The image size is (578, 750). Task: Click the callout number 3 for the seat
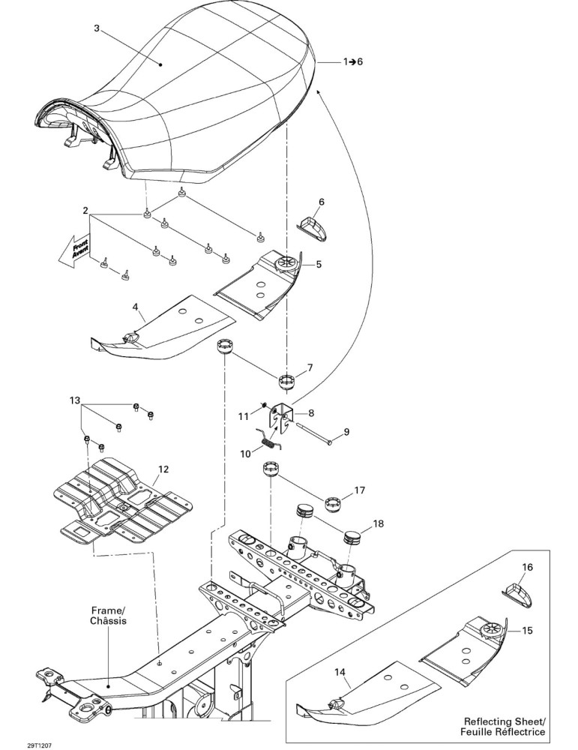click(97, 28)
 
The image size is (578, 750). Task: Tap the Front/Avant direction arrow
click(74, 250)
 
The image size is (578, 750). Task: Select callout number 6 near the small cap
click(322, 202)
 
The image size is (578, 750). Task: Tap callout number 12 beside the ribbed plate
click(163, 469)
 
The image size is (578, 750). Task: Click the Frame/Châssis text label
click(109, 616)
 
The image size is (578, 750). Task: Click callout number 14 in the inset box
click(340, 673)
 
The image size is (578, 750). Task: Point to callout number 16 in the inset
click(527, 567)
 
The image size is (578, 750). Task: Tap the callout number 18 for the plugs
click(378, 523)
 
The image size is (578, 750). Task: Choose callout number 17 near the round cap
click(360, 490)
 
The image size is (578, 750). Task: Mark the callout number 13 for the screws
click(75, 400)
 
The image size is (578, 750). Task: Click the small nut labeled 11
click(263, 406)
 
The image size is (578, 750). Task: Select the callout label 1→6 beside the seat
click(353, 61)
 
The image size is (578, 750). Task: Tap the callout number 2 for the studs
click(85, 211)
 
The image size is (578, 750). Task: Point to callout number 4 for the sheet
click(136, 304)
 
